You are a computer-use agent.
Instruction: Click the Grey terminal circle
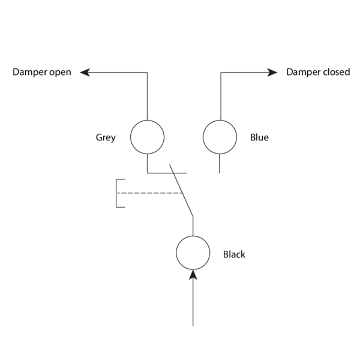[x=147, y=137]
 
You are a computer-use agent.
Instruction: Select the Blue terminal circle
[x=220, y=137]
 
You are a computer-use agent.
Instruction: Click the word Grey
[x=106, y=137]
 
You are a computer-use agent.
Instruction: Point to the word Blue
[x=259, y=137]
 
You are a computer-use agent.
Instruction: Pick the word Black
[x=234, y=254]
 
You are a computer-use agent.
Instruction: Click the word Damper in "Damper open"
[x=29, y=73]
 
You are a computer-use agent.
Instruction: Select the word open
[x=60, y=73]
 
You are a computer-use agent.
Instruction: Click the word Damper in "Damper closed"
[x=303, y=73]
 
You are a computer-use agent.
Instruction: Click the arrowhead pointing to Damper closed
[x=274, y=73]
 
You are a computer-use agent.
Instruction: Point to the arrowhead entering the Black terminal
[x=193, y=274]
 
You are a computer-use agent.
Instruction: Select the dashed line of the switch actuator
[x=150, y=193]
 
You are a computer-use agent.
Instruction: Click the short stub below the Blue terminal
[x=220, y=163]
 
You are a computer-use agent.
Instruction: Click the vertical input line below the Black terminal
[x=193, y=303]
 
